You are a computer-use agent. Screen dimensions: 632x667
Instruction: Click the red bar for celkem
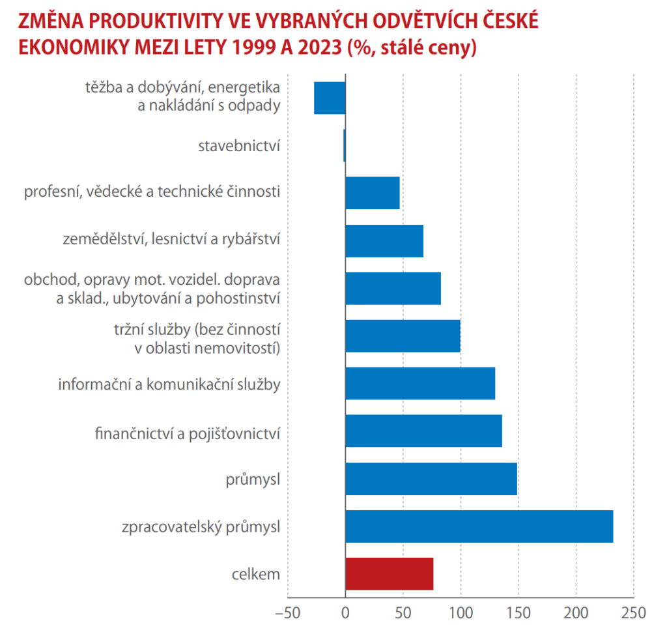point(389,574)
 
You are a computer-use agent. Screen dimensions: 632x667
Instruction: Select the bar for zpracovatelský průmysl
point(479,526)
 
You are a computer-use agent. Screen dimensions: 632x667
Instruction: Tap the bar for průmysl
point(431,479)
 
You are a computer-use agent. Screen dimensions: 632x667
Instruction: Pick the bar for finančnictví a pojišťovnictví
point(423,431)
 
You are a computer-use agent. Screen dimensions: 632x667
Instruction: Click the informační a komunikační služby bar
point(420,383)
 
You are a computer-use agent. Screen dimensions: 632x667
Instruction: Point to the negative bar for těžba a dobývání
point(330,98)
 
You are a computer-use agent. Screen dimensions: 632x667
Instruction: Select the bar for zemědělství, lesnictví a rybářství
point(384,240)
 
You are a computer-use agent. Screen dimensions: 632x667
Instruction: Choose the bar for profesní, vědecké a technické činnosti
point(372,193)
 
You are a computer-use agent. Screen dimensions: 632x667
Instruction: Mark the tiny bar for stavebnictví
point(344,145)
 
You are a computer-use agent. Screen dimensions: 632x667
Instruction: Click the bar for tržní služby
point(403,336)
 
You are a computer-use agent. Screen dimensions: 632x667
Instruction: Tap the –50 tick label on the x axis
point(287,613)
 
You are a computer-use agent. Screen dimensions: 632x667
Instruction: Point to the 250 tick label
point(634,613)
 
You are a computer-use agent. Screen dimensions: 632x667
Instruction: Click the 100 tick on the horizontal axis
point(461,613)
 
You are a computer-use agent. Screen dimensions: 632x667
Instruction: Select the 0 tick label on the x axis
point(345,613)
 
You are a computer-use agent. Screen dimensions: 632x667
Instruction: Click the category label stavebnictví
point(239,145)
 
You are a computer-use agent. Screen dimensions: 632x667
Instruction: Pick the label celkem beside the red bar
point(255,574)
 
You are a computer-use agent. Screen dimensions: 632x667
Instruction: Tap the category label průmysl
point(253,479)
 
